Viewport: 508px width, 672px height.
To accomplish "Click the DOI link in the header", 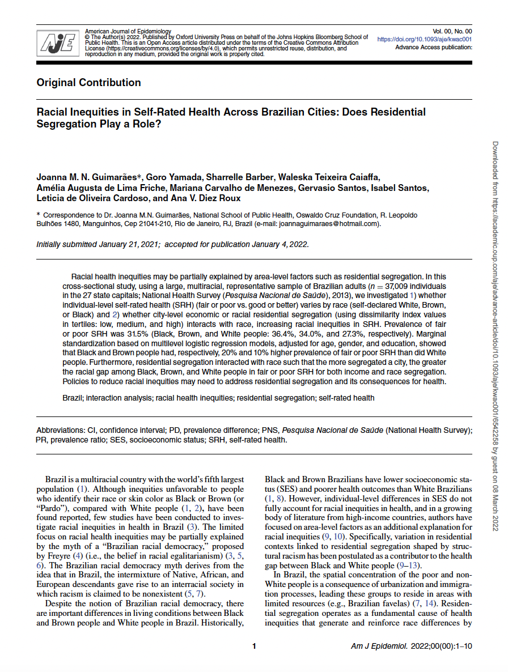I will click(425, 40).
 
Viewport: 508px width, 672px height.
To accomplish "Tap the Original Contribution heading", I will click(88, 83).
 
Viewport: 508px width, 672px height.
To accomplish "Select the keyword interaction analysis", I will click(121, 398).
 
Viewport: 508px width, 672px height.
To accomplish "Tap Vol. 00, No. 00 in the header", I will click(452, 31).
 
